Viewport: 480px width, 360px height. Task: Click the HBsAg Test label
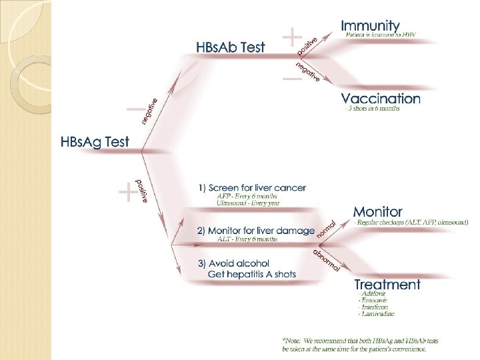(95, 142)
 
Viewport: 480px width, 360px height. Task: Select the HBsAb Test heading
(230, 47)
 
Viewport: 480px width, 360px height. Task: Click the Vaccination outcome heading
(381, 99)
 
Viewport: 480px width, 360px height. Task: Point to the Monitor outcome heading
(377, 212)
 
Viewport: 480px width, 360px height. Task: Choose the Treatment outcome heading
(387, 285)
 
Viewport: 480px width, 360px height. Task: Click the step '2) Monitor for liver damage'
(255, 231)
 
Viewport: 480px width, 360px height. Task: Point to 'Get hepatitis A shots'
(252, 274)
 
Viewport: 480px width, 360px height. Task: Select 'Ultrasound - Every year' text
(248, 203)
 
